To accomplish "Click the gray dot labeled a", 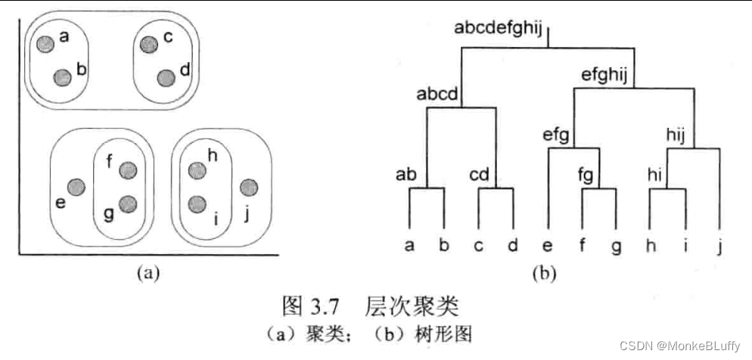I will (46, 44).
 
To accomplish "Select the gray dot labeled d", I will (166, 77).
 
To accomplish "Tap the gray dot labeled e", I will (76, 187).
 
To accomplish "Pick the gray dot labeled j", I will (247, 188).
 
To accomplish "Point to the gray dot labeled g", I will (128, 203).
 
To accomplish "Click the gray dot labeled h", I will (197, 170).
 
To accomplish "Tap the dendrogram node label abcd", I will (438, 95).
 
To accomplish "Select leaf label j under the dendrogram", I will (719, 246).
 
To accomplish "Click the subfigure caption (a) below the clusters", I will (148, 273).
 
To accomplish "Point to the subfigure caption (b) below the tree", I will (543, 273).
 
